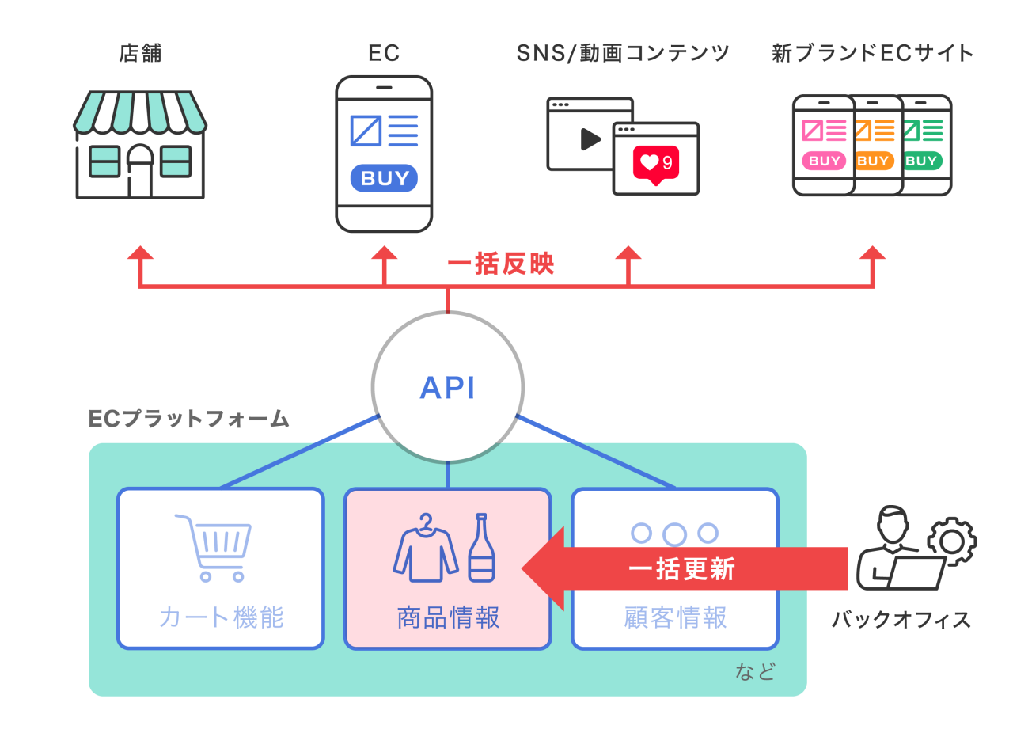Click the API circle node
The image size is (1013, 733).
(447, 387)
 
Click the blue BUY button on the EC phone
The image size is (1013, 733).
(384, 178)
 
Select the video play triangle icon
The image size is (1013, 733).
(590, 139)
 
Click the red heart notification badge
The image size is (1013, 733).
(656, 164)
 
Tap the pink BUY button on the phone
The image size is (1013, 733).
(824, 161)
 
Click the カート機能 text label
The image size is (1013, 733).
(221, 617)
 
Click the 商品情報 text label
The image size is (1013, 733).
(448, 617)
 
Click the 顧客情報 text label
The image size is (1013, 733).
(675, 617)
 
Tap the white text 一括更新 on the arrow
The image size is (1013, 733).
(681, 568)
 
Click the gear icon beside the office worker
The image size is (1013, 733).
(951, 540)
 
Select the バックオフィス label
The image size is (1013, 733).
(901, 619)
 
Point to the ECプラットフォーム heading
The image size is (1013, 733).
(188, 419)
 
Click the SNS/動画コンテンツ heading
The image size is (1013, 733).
(623, 53)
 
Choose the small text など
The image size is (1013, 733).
(755, 672)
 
